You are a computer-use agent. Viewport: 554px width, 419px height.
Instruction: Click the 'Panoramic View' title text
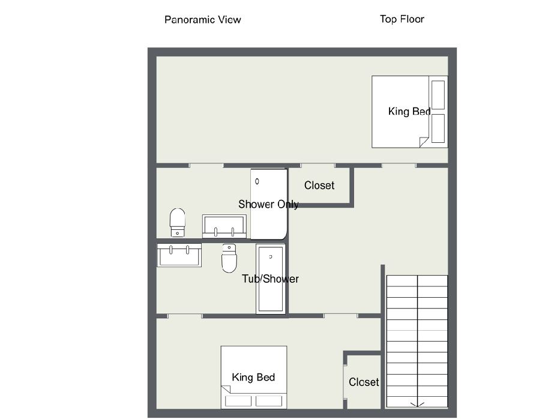click(202, 19)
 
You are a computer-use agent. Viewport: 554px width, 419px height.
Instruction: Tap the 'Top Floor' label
click(402, 19)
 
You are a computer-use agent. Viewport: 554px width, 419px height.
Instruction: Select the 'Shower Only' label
click(268, 204)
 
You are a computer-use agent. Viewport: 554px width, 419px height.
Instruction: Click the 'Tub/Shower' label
click(270, 279)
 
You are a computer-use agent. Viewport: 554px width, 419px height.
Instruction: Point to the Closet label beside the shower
click(319, 185)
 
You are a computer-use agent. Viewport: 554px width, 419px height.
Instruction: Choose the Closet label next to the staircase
click(364, 382)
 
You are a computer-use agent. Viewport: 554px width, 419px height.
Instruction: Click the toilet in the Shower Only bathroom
click(178, 222)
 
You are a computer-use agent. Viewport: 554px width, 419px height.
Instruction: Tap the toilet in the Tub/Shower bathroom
click(229, 258)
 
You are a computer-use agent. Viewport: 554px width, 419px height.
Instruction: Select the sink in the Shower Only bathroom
click(224, 226)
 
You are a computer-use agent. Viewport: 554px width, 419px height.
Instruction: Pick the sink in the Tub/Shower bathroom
click(179, 255)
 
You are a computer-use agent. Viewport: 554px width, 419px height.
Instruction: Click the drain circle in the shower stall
click(257, 181)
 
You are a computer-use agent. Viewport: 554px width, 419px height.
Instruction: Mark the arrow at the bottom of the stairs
click(417, 404)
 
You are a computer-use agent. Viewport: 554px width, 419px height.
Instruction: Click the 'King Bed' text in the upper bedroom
click(409, 111)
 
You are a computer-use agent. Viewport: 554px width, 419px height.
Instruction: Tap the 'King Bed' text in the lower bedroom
click(253, 378)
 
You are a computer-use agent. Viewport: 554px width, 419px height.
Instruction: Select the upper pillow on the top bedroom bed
click(438, 95)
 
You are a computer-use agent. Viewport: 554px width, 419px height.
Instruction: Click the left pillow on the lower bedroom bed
click(238, 401)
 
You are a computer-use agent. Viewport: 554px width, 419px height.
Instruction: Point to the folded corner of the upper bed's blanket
click(424, 142)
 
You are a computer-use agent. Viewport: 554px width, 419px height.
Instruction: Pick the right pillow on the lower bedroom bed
click(269, 401)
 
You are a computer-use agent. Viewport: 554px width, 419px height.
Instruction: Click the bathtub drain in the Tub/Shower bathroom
click(271, 257)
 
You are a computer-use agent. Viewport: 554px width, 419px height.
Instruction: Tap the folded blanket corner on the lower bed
click(226, 390)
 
